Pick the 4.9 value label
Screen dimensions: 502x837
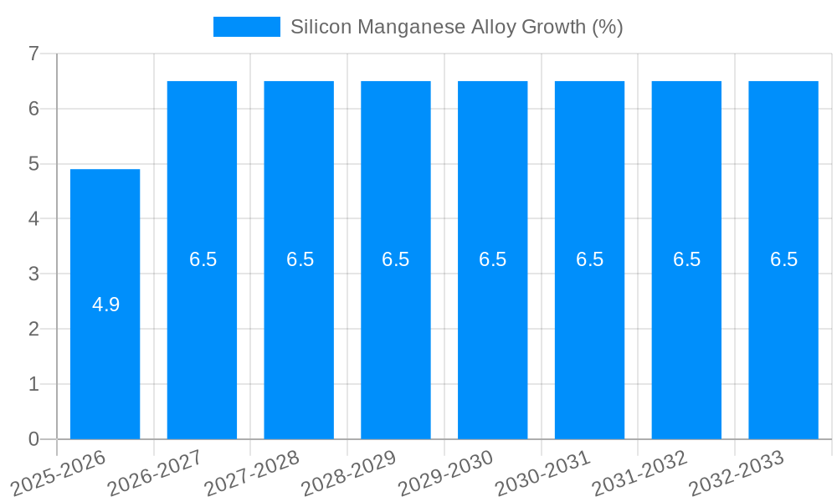point(105,305)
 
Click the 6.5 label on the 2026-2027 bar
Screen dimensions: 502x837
point(203,259)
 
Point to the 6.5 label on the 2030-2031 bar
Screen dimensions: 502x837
point(589,259)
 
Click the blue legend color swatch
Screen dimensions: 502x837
point(247,27)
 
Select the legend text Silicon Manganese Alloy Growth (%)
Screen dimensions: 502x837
point(456,27)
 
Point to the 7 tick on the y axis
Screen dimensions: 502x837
point(33,54)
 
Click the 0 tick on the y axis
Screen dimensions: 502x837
point(33,438)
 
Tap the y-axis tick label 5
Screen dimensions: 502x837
point(33,164)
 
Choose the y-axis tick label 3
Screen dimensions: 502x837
point(33,274)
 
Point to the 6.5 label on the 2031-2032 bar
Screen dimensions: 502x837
point(686,259)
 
